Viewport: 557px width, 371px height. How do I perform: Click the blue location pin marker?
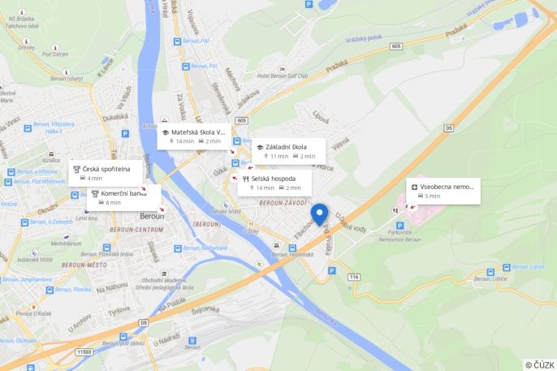point(320,213)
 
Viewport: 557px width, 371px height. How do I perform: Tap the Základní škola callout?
point(288,151)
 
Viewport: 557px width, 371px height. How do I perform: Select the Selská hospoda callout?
point(274,183)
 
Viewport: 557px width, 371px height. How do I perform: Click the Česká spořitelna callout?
point(101,173)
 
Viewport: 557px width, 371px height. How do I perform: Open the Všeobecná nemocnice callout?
point(443,191)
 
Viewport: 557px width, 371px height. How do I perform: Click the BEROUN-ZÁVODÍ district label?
point(283,203)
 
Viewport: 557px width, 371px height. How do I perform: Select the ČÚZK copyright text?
point(540,365)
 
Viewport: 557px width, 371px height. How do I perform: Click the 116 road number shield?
point(353,277)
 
